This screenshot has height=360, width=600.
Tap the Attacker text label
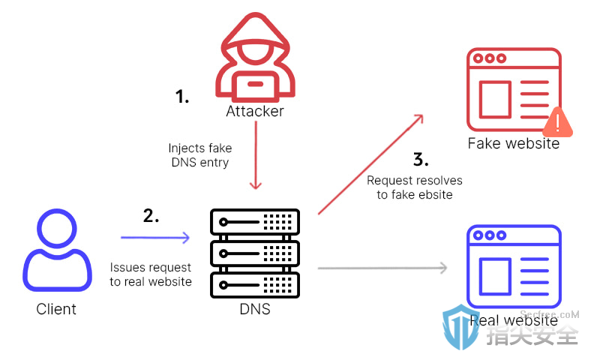255,111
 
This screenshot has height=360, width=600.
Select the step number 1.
182,97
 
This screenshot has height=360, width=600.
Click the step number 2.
151,216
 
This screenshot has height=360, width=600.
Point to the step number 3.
421,159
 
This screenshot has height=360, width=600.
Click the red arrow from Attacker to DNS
256,155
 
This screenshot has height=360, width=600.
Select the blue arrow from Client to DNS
155,238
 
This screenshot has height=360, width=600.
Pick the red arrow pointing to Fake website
370,164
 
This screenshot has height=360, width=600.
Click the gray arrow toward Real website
382,268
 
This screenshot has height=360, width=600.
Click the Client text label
56,309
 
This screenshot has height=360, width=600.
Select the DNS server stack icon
255,253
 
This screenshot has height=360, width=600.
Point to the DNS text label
255,309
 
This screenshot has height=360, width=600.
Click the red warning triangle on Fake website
557,122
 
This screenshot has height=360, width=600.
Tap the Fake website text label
514,143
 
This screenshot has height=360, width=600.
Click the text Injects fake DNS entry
200,155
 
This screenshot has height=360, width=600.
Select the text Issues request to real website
151,274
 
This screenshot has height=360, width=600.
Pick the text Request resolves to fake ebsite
415,187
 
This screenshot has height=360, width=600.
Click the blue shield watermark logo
460,327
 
